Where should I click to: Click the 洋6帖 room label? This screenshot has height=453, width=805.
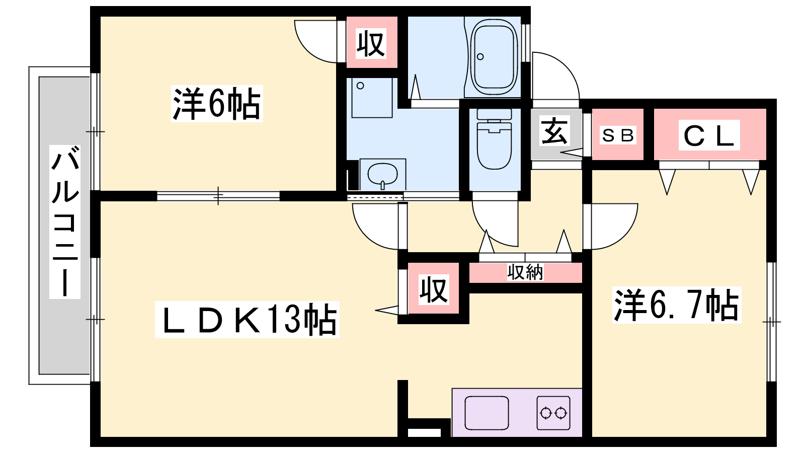[217, 104]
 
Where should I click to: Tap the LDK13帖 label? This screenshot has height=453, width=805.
[247, 320]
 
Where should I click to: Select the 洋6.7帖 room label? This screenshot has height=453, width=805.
[677, 305]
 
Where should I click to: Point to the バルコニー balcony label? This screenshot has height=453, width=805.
[65, 222]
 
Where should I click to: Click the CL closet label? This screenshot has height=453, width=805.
[709, 135]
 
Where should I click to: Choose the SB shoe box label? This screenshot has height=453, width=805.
[618, 135]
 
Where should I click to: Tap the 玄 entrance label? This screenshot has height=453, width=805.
[554, 130]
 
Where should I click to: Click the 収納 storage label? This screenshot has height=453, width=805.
[525, 272]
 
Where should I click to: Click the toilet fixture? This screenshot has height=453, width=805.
[494, 139]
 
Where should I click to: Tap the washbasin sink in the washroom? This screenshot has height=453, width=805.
[383, 175]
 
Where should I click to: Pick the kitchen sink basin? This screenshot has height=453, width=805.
[487, 413]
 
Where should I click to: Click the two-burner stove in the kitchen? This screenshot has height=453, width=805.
[553, 413]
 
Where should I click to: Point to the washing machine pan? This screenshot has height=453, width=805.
[372, 98]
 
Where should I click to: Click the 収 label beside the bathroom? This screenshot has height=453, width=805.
[371, 43]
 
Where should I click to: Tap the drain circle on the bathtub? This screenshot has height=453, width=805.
[480, 56]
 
